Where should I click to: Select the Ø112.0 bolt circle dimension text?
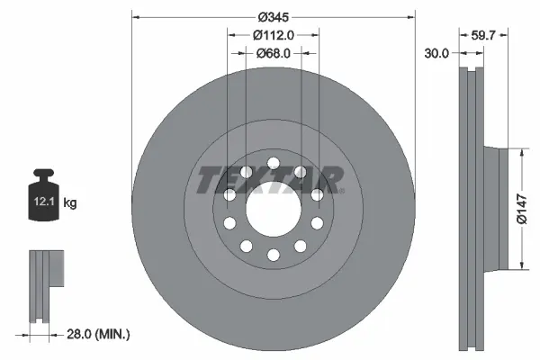(x=274, y=36)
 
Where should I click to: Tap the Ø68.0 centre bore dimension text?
(x=274, y=53)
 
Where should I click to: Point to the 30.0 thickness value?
(x=436, y=53)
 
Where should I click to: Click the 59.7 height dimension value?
(x=485, y=36)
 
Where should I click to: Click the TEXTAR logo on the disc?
(x=270, y=180)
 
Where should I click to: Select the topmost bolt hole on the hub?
(x=272, y=162)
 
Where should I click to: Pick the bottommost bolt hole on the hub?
(x=272, y=256)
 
